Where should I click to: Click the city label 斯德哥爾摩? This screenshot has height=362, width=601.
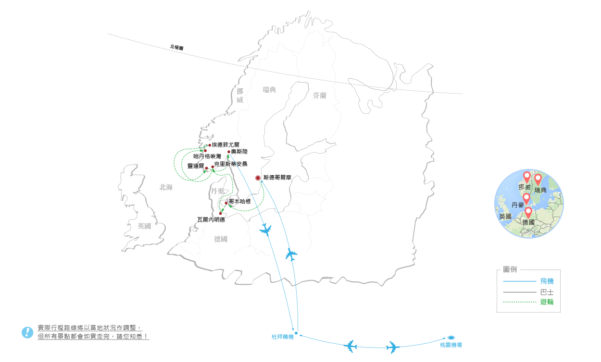click(277, 178)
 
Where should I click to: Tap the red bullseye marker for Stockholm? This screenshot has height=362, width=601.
click(258, 178)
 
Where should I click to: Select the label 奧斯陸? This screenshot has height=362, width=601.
click(239, 152)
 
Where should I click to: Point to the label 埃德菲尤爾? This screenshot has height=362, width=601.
click(225, 144)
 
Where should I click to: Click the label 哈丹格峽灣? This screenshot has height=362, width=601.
click(207, 157)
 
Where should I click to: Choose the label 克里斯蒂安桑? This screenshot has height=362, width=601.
click(231, 164)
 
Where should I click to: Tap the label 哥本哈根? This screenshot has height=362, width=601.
click(239, 202)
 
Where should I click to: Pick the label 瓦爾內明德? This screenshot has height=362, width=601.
click(211, 219)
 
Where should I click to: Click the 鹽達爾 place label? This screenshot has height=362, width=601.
click(196, 165)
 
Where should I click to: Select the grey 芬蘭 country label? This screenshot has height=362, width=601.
click(319, 96)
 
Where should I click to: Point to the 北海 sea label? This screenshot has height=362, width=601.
click(166, 188)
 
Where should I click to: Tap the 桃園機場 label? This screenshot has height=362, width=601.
click(451, 345)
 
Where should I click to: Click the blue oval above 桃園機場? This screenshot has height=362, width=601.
click(451, 338)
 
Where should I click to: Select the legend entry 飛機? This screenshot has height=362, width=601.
click(547, 281)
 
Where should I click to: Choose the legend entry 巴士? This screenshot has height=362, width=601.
click(547, 292)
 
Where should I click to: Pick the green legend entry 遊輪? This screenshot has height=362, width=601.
click(547, 302)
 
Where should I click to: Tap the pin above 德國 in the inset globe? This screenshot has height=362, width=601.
click(528, 212)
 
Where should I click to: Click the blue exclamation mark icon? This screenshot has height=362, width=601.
click(27, 332)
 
